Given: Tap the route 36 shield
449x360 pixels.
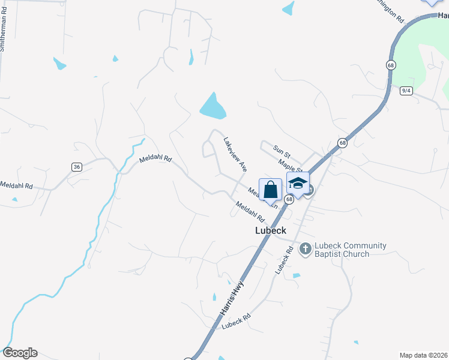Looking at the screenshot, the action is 76,167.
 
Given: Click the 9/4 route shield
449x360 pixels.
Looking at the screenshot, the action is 406,91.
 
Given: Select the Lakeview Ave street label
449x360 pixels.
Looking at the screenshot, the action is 235,154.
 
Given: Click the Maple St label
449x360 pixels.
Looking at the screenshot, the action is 289,164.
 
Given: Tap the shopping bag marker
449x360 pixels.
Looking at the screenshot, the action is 271,189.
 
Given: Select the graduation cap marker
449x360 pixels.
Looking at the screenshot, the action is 298,184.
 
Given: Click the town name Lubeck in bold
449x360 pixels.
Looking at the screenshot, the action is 271,230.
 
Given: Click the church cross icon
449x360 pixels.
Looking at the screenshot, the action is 305,248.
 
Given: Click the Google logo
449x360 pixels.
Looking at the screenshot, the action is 20,353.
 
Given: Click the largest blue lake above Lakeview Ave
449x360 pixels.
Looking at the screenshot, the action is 212,107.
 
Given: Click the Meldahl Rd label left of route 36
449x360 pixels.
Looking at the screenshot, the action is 17,186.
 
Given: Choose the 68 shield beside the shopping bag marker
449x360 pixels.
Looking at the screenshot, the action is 289,199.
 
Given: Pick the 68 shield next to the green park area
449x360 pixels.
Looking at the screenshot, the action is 391,65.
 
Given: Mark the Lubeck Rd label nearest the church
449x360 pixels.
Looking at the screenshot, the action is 284,260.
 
